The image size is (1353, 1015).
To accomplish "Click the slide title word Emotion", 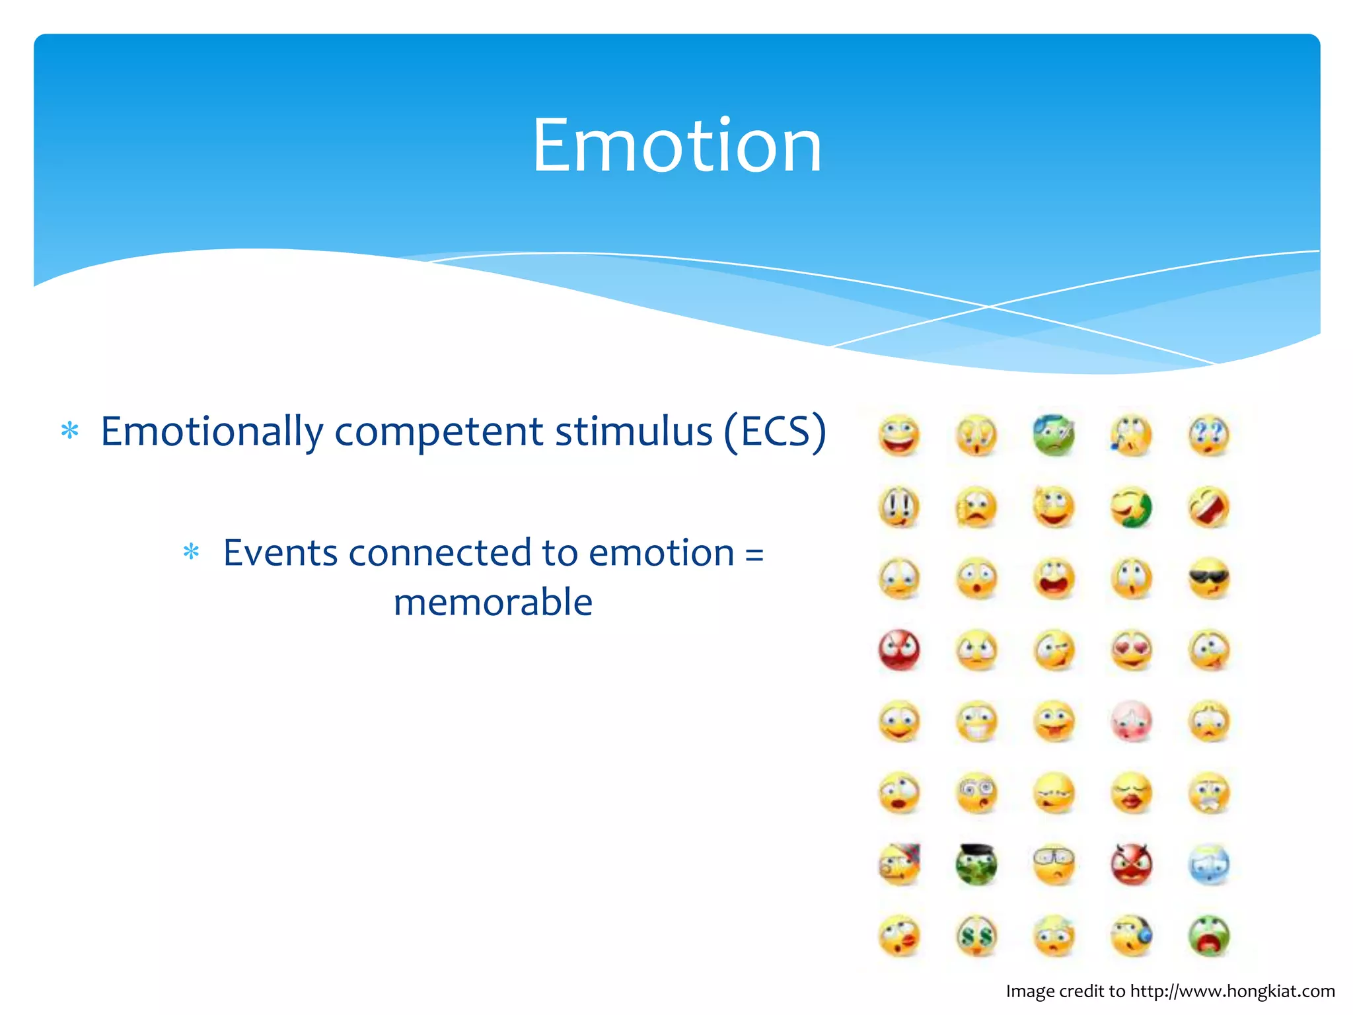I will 676,145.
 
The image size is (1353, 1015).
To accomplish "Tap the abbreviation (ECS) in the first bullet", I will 774,432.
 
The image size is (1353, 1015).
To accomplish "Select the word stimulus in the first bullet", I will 634,432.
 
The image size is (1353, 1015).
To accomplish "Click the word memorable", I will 493,602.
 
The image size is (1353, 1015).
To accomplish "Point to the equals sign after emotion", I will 754,554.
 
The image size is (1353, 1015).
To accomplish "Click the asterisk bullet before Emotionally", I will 69,432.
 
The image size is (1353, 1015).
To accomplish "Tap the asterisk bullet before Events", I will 191,552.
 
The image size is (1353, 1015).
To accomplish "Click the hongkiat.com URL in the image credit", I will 1232,991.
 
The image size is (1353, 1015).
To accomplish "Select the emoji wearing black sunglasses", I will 1209,579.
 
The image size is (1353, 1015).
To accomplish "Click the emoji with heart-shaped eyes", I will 1132,650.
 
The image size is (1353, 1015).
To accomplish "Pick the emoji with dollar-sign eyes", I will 976,936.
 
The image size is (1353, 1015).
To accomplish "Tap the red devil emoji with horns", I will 1132,864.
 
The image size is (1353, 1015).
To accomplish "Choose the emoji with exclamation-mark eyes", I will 899,507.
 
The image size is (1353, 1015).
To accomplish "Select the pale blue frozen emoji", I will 1209,864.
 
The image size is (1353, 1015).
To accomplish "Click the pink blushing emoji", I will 1132,722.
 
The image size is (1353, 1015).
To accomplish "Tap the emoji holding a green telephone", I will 1132,507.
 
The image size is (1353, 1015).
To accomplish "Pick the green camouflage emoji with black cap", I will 976,864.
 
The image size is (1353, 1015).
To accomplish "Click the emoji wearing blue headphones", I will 1132,936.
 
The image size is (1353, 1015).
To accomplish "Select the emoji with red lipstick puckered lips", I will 1132,793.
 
